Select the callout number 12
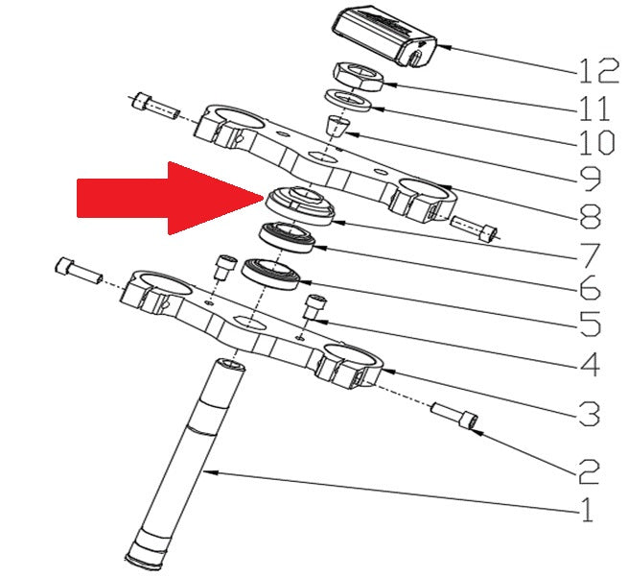[x=599, y=71]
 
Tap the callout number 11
[x=594, y=108]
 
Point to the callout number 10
[x=596, y=142]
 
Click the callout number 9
[x=590, y=178]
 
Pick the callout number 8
[x=590, y=217]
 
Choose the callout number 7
[x=590, y=255]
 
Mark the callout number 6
[x=590, y=287]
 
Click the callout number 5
[x=590, y=324]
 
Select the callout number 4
[x=589, y=364]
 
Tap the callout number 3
[x=589, y=414]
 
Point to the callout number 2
[x=589, y=471]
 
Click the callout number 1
[x=587, y=510]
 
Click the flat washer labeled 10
[x=348, y=102]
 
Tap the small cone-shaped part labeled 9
[x=337, y=127]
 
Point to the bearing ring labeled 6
[x=288, y=237]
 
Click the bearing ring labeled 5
[x=271, y=275]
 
